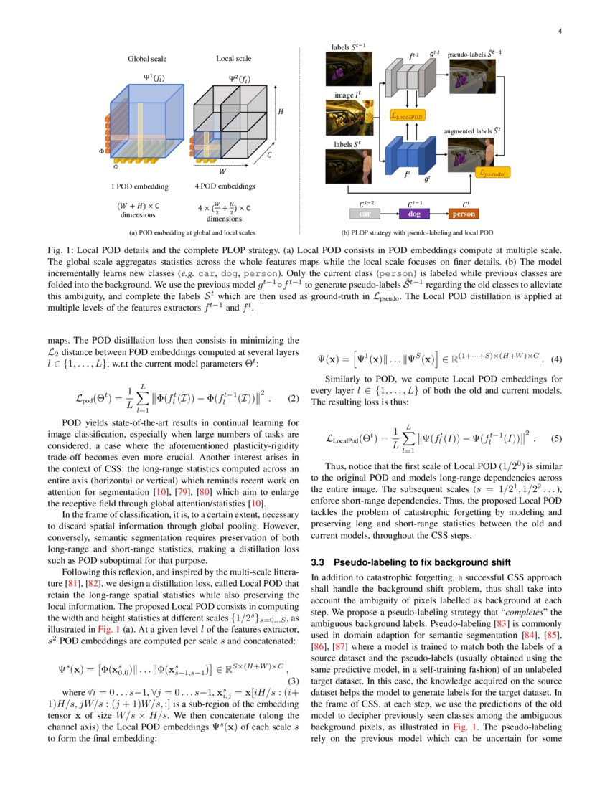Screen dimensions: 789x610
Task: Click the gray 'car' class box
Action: (365, 214)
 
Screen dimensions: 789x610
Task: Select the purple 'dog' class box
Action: (413, 214)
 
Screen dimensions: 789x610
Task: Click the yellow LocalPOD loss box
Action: (408, 115)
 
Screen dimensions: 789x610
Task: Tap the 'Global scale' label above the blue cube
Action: (147, 58)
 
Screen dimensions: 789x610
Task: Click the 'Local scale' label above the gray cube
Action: (234, 58)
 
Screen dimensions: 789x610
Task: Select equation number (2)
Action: (293, 398)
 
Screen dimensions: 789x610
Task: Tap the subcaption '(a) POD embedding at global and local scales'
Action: (192, 233)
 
